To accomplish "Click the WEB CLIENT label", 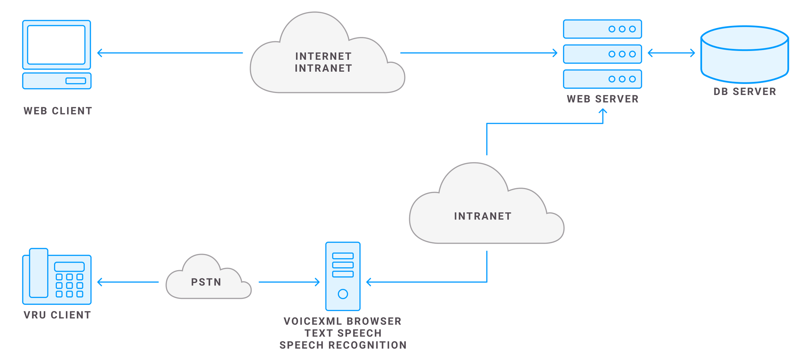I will tap(58, 111).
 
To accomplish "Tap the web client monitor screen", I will tap(56, 45).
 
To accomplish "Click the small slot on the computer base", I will tap(76, 81).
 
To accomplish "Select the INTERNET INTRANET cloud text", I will tap(323, 62).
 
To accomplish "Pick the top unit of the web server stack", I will tap(602, 29).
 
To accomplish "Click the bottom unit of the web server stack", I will tap(602, 79).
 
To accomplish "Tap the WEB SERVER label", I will tap(603, 99).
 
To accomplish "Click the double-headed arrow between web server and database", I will tap(671, 53).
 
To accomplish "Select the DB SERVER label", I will tap(745, 92).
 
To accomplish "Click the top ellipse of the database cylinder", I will tap(744, 38).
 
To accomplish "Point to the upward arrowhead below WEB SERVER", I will tap(603, 111).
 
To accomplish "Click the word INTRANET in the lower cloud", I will tap(483, 216).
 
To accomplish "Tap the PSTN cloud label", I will tap(206, 282).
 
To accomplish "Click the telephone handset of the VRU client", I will tap(39, 273).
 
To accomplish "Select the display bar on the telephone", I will tap(69, 267).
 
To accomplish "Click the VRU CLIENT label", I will tap(57, 315).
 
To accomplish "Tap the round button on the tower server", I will tap(343, 294).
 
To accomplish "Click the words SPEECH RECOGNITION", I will tap(343, 345).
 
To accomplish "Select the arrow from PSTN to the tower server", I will tap(289, 282).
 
